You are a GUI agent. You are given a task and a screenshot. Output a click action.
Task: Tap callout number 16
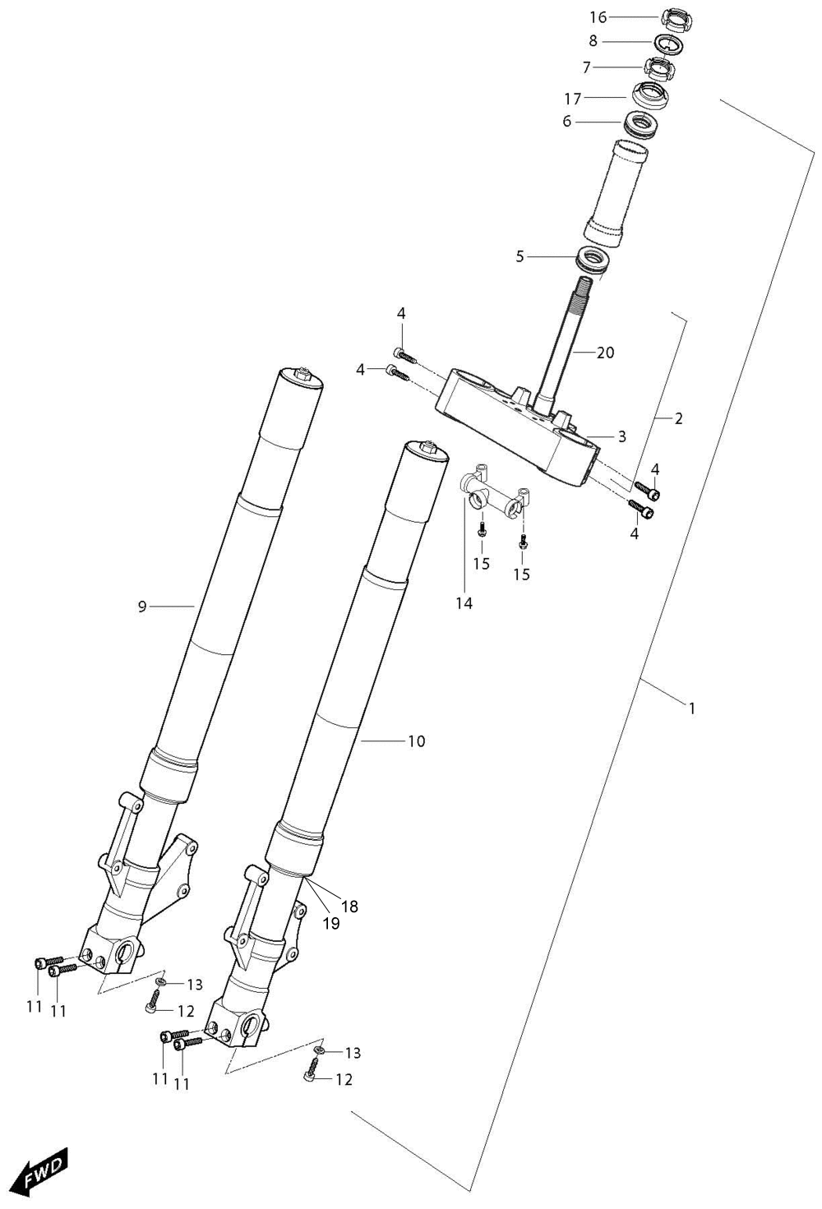[x=598, y=17]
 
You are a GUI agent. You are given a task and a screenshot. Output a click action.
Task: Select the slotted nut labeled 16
[x=677, y=21]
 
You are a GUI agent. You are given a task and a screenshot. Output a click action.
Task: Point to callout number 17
[x=573, y=99]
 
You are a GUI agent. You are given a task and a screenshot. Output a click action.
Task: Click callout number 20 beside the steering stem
[x=606, y=353]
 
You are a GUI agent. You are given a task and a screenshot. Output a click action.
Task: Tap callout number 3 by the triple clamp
[x=622, y=436]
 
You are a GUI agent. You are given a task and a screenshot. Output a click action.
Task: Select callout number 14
[x=464, y=603]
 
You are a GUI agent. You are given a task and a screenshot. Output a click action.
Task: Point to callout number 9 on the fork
[x=142, y=607]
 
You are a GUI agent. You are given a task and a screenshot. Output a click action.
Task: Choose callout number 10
[x=417, y=741]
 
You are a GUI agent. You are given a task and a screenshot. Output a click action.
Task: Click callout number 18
[x=350, y=907]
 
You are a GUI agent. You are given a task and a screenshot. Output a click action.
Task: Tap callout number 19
[x=331, y=924]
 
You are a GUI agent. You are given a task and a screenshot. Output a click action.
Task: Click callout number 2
[x=678, y=418]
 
